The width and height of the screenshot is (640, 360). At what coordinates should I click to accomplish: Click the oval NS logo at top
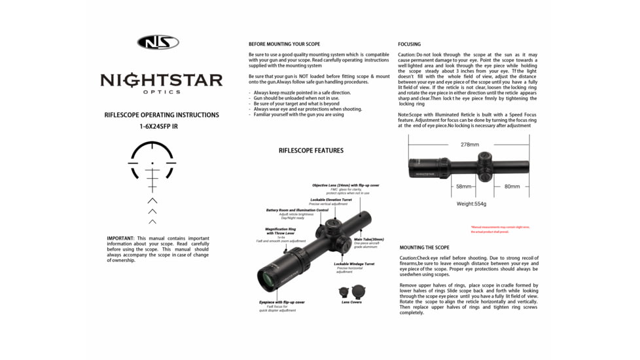click(158, 43)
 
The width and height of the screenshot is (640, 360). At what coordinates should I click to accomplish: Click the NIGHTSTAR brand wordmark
click(161, 81)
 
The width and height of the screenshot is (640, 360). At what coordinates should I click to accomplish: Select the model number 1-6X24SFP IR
click(158, 126)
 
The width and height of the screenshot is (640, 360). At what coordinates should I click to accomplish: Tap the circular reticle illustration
click(152, 162)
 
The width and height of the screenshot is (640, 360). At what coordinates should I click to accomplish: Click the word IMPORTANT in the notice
click(120, 238)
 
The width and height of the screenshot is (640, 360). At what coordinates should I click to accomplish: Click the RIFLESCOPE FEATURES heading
click(311, 151)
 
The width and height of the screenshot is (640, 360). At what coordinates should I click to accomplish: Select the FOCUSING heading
click(410, 45)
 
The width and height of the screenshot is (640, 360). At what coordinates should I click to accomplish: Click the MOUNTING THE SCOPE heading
click(424, 248)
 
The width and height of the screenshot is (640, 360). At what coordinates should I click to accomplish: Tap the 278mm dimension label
click(469, 145)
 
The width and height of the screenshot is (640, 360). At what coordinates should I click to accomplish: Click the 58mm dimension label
click(463, 187)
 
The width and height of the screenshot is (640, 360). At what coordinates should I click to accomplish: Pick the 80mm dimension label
click(512, 187)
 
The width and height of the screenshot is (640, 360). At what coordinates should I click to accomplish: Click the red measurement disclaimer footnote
click(500, 229)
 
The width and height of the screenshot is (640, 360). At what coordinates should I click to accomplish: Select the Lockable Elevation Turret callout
click(331, 200)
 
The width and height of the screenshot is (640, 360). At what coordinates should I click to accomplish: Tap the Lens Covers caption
click(351, 302)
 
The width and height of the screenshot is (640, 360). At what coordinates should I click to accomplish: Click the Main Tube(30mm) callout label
click(368, 240)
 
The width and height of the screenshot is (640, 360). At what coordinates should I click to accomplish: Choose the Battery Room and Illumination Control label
click(297, 210)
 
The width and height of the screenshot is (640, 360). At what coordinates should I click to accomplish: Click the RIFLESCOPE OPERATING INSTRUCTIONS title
click(162, 115)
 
